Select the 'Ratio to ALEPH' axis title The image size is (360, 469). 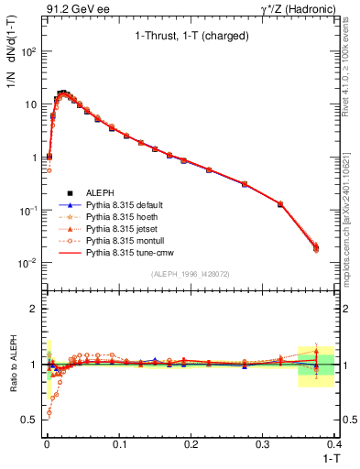click(13, 364)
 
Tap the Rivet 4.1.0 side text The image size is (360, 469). click(352, 64)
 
